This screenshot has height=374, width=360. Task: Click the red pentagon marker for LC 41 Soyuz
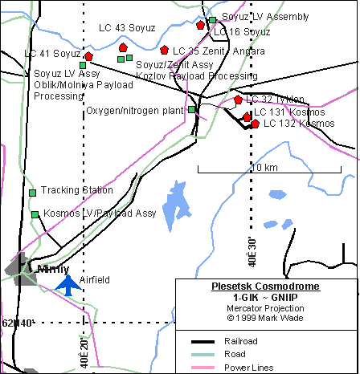(88, 57)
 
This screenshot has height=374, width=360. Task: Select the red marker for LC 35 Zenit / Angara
(165, 51)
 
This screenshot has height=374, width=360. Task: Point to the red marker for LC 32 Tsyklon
(239, 100)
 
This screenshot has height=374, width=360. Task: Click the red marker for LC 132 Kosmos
(256, 124)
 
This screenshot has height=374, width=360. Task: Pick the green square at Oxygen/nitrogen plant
(192, 110)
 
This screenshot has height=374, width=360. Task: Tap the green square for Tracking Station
(33, 193)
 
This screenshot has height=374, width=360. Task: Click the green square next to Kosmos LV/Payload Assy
(35, 214)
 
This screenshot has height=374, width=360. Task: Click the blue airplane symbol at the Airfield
(69, 285)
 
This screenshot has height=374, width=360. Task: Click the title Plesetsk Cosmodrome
(264, 287)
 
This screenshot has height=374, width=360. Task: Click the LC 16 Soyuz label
(242, 32)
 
